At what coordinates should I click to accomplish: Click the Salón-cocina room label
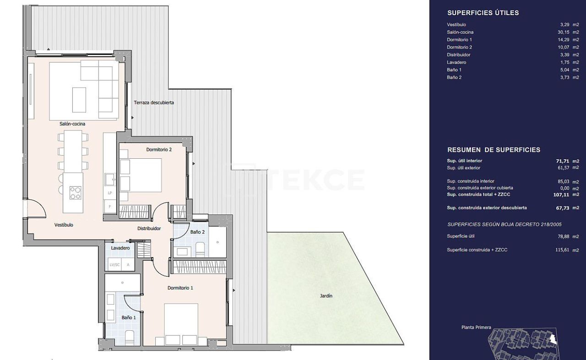click(x=72, y=124)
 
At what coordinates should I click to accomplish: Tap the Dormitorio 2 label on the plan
click(x=159, y=150)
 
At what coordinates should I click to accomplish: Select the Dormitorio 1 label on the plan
click(x=180, y=288)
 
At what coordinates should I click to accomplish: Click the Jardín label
click(x=326, y=296)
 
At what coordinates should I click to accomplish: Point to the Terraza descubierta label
click(x=154, y=103)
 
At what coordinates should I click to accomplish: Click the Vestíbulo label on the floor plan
click(x=64, y=225)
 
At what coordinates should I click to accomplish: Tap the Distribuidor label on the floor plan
click(x=149, y=228)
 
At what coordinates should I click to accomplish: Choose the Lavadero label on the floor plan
click(x=120, y=248)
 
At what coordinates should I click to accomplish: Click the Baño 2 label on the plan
click(x=197, y=232)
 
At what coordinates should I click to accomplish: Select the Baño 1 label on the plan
click(x=129, y=317)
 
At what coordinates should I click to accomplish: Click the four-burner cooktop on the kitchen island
click(x=76, y=193)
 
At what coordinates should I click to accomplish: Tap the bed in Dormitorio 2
click(x=141, y=175)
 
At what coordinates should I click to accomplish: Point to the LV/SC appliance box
click(x=114, y=265)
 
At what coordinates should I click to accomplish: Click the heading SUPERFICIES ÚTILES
click(x=483, y=13)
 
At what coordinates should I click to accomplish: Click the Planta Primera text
click(x=476, y=328)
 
